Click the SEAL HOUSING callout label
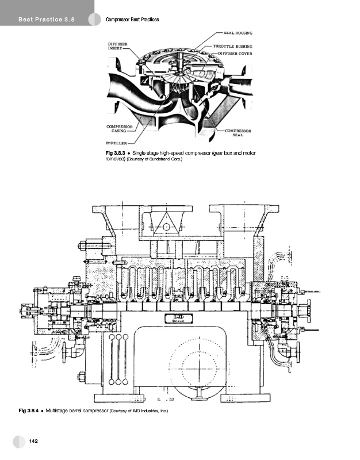click(238, 33)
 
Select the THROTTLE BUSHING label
click(232, 46)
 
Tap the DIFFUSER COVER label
click(235, 53)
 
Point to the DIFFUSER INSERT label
click(118, 46)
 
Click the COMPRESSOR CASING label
click(120, 129)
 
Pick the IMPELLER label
click(117, 143)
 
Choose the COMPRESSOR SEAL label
click(238, 133)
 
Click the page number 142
click(33, 441)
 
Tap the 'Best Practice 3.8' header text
click(47, 20)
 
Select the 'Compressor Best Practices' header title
click(132, 20)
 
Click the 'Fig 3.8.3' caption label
click(116, 153)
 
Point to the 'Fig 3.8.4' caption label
click(29, 411)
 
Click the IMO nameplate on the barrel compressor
click(179, 319)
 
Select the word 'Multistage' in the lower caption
click(56, 411)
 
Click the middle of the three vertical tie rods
click(118, 359)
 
